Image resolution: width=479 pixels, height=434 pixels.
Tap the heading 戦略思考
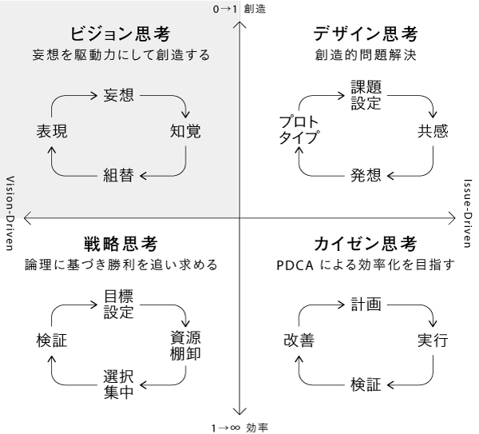120,242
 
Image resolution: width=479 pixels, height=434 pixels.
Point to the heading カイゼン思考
366,242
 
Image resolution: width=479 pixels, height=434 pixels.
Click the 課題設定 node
366,94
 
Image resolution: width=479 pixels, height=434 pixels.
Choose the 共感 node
433,131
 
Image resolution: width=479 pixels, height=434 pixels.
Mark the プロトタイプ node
299,130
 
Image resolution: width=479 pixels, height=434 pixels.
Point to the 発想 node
366,175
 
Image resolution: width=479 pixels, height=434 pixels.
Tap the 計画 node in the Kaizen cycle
366,304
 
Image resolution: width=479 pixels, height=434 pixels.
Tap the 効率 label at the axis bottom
257,427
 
